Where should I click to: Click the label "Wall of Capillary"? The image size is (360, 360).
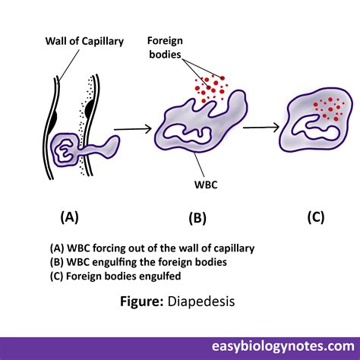(84, 41)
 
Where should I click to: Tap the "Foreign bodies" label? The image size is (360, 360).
(165, 48)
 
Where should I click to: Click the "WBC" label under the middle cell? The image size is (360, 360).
(206, 185)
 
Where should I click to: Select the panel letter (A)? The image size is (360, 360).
(70, 217)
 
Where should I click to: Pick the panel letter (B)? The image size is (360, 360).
(197, 218)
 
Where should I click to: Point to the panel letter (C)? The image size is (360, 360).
(316, 217)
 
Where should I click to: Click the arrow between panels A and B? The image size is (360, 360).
(133, 129)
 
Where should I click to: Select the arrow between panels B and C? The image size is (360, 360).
(261, 127)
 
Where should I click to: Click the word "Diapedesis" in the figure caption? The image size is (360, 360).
(201, 302)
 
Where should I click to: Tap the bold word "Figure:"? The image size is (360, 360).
(142, 302)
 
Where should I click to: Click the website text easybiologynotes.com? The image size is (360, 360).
(283, 346)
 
